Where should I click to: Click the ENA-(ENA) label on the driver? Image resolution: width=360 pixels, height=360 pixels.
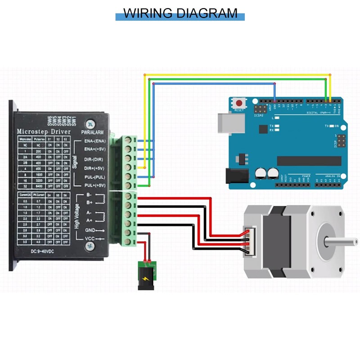[x=95, y=141]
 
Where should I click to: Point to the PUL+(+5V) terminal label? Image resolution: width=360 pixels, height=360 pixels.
[x=95, y=185]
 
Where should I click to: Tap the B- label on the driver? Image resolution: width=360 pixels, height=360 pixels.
[x=89, y=195]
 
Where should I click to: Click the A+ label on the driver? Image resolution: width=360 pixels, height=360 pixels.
[x=89, y=220]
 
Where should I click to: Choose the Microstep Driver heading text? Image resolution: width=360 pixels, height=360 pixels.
[x=43, y=131]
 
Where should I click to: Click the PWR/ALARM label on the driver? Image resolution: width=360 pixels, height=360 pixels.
[x=92, y=132]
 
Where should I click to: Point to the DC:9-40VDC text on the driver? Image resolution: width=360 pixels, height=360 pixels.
[x=44, y=251]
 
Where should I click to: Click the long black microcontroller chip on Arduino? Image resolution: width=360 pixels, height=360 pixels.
[x=306, y=161]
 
